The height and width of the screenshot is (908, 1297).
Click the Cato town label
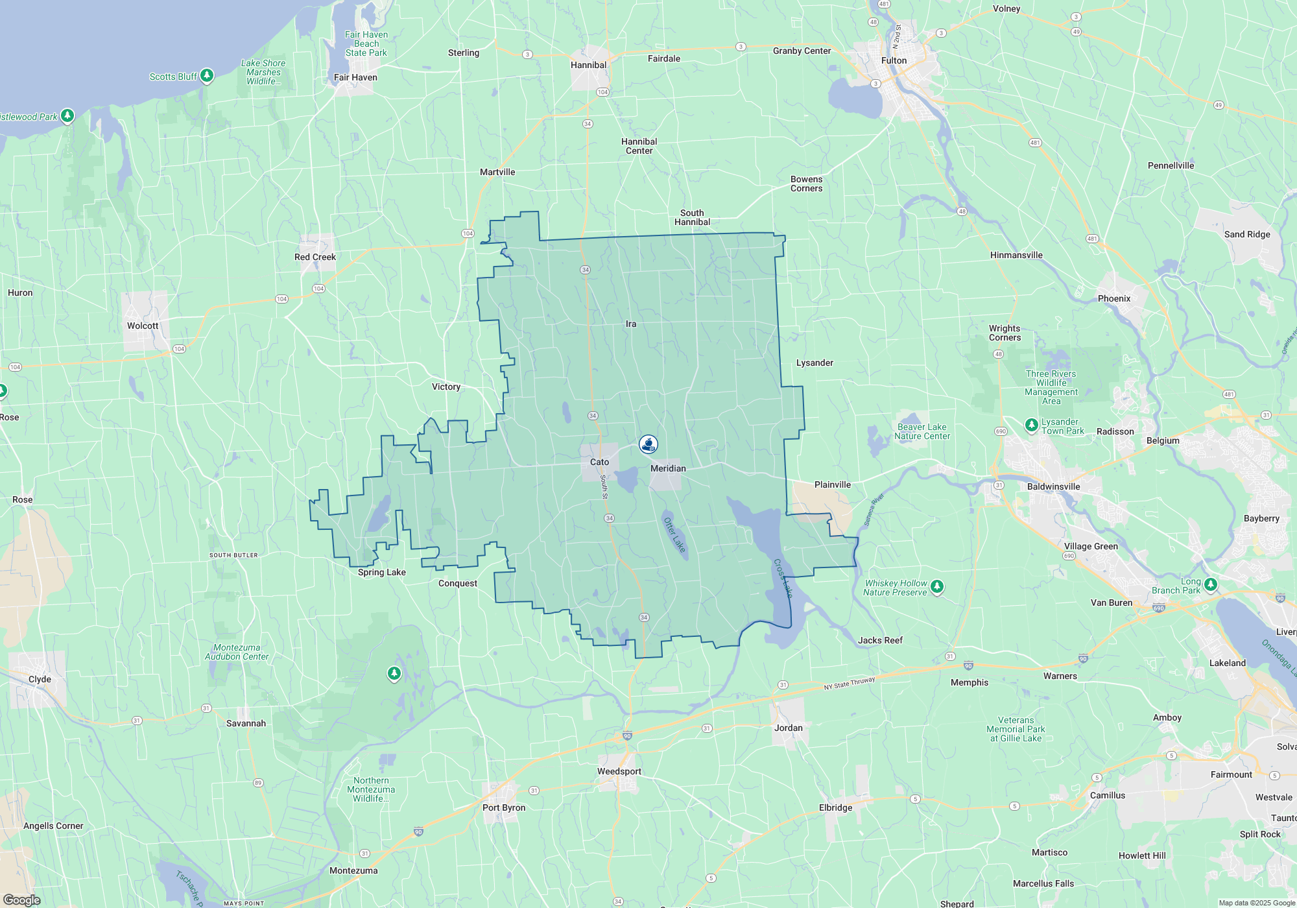pyautogui.click(x=599, y=462)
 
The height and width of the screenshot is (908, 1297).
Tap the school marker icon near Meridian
pyautogui.click(x=648, y=444)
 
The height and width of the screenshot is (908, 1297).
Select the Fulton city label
pyautogui.click(x=894, y=60)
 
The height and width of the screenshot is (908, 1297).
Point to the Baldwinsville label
pyautogui.click(x=1053, y=486)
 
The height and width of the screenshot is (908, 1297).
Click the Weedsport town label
pyautogui.click(x=619, y=771)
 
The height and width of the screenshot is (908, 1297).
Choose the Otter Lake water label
pyautogui.click(x=674, y=535)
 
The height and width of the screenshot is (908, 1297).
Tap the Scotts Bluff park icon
pyautogui.click(x=207, y=76)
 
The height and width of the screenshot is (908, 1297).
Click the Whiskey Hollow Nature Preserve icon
pyautogui.click(x=936, y=586)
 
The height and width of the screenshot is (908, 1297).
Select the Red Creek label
pyautogui.click(x=315, y=257)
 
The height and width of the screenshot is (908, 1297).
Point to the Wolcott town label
pyautogui.click(x=143, y=326)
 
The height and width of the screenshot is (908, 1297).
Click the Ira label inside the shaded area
pyautogui.click(x=631, y=324)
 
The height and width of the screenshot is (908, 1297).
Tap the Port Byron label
pyautogui.click(x=504, y=807)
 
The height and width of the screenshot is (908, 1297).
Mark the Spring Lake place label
pyautogui.click(x=381, y=572)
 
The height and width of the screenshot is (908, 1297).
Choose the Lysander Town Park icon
pyautogui.click(x=1031, y=425)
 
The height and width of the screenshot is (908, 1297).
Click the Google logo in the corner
pyautogui.click(x=22, y=900)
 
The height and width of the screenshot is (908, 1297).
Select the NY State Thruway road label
pyautogui.click(x=850, y=684)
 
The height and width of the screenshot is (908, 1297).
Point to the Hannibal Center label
pyautogui.click(x=639, y=146)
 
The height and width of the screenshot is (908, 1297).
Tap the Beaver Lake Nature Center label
pyautogui.click(x=922, y=431)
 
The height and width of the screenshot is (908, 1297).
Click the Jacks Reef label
pyautogui.click(x=880, y=640)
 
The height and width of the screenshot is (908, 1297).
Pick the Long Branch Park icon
pyautogui.click(x=1210, y=584)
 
